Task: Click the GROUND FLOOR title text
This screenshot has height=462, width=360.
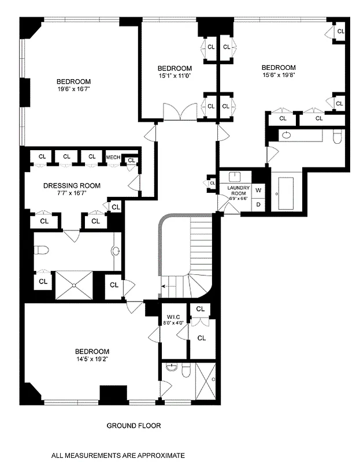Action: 133,426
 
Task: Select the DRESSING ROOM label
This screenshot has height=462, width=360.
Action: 72,185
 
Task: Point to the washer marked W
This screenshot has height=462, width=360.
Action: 258,190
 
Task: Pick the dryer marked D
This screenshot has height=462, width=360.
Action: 258,204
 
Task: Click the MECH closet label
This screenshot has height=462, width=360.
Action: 113,157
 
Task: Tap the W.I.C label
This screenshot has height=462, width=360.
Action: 175,316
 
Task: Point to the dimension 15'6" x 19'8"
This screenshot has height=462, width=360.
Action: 279,75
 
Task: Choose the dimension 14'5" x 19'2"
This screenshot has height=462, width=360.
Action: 92,359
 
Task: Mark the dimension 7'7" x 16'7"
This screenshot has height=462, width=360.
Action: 72,193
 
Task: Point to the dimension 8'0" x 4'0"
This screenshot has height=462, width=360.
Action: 175,323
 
